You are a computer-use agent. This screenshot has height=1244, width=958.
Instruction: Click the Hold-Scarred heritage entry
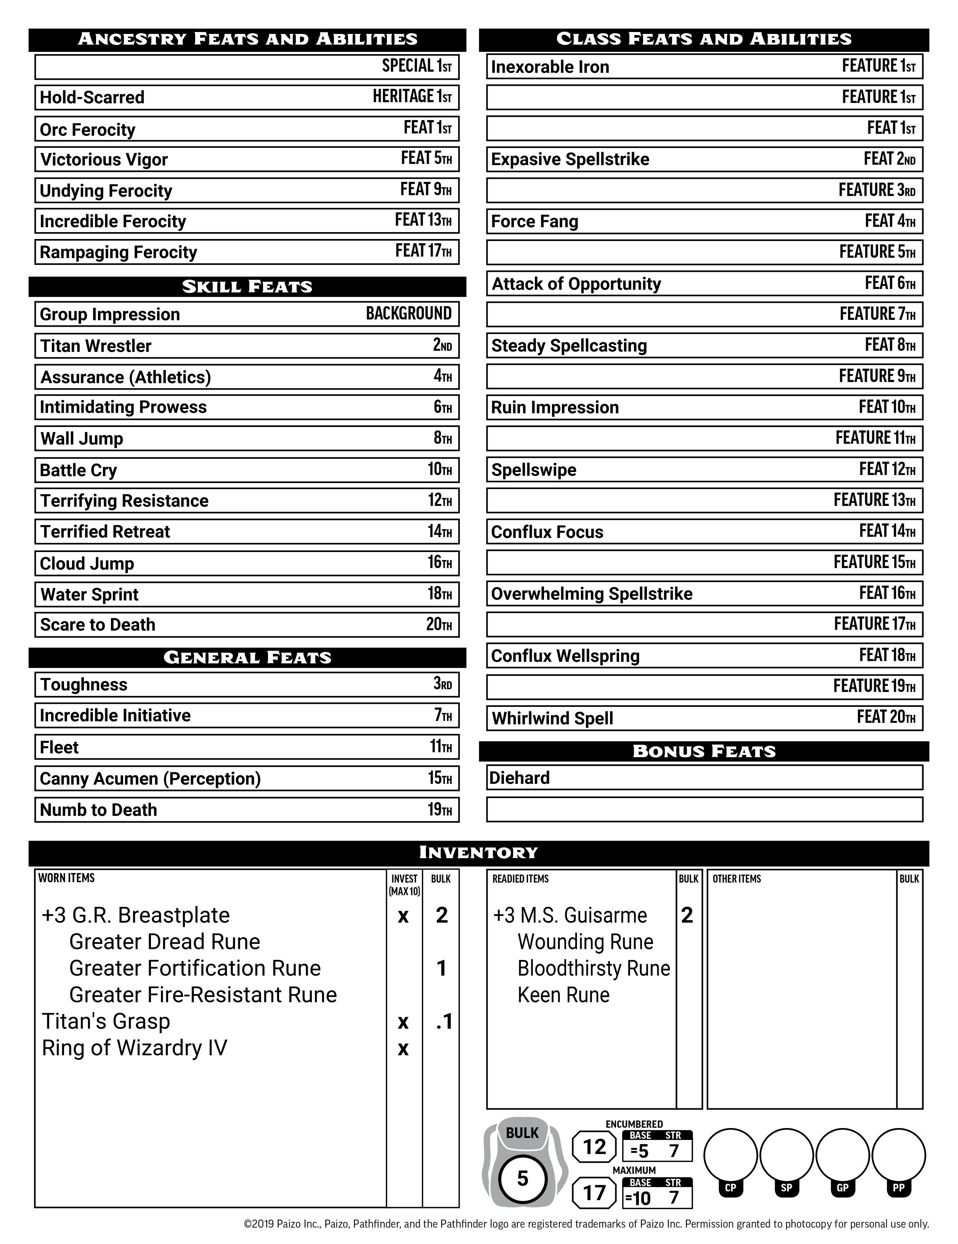click(x=92, y=97)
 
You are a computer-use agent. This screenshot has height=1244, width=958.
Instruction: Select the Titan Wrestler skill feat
click(x=96, y=346)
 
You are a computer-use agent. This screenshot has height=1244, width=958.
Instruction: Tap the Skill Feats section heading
click(x=247, y=287)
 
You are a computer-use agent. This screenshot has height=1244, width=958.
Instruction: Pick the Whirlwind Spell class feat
click(x=552, y=718)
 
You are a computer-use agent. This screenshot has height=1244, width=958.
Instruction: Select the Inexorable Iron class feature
click(x=550, y=67)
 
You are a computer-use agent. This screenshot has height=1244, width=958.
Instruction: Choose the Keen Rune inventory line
click(x=563, y=995)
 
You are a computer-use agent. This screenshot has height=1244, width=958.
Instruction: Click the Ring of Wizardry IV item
click(x=135, y=1048)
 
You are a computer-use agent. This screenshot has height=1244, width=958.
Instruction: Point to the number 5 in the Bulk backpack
click(x=522, y=1178)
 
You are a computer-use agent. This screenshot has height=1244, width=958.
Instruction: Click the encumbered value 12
click(x=594, y=1147)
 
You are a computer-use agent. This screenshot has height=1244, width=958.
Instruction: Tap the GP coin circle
click(x=842, y=1156)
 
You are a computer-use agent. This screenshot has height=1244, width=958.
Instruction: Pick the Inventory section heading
click(x=478, y=853)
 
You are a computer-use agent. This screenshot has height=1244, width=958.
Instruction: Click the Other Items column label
click(x=737, y=879)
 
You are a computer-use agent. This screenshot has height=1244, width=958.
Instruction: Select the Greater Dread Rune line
click(x=165, y=942)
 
